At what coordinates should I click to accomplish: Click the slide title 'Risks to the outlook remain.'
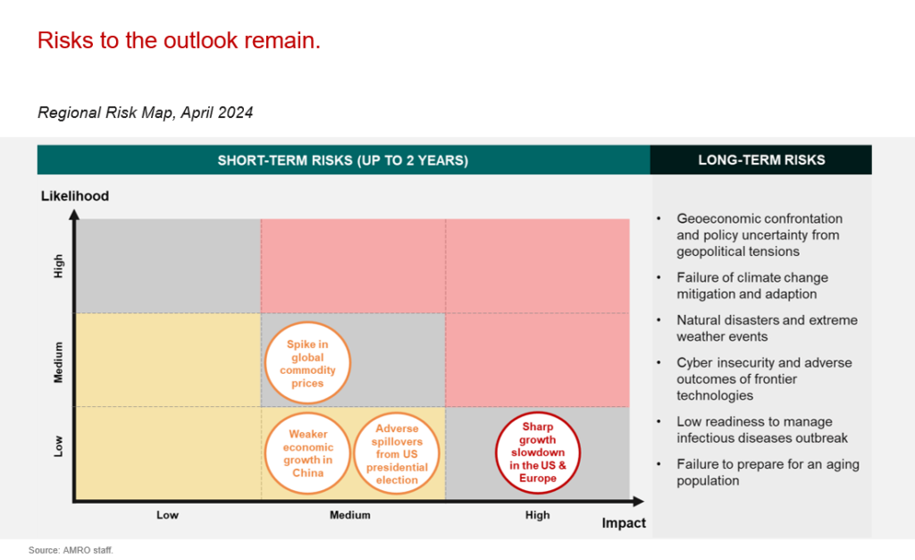coord(179,40)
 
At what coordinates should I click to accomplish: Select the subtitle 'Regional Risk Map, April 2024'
coord(146,113)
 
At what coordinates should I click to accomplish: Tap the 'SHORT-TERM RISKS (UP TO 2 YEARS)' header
coord(343,161)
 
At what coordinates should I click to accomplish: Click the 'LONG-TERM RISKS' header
coord(761,161)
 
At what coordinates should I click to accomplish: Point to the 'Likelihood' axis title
coord(75,196)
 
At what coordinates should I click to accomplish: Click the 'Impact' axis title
coord(624,523)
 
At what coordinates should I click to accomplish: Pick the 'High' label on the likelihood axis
coord(59,267)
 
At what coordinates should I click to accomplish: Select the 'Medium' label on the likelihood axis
coord(59,361)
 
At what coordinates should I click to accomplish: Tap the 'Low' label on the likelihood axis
coord(59,445)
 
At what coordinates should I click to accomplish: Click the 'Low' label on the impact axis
coord(168,515)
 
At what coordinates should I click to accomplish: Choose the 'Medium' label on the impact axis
coord(349,515)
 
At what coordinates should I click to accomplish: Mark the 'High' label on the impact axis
coord(538,515)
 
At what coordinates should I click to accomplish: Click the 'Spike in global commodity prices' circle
coord(307,363)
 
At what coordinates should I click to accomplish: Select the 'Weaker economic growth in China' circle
coord(307,454)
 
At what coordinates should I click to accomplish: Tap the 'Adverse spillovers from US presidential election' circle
coord(397,454)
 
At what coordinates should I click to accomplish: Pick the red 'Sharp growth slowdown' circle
coord(538,453)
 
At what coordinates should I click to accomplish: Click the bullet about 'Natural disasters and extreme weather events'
coord(767,328)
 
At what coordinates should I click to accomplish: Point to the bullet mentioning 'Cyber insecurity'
coord(764,379)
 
